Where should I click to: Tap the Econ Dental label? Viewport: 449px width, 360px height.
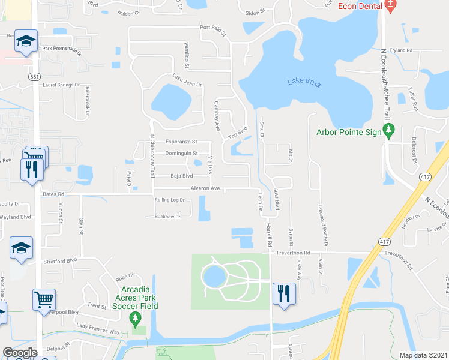point(359,6)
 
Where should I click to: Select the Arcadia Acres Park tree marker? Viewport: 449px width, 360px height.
point(136,317)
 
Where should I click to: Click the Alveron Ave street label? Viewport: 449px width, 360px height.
point(205,188)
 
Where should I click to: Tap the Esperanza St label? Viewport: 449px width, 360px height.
point(181,142)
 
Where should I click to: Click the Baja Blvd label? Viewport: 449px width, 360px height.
point(181,176)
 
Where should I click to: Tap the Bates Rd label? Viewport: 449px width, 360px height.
point(53,194)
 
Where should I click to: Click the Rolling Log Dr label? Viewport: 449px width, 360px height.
point(170,200)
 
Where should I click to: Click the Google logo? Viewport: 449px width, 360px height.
point(19,353)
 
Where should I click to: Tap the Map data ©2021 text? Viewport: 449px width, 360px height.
point(424,355)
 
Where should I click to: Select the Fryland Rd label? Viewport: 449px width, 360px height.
point(400,50)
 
